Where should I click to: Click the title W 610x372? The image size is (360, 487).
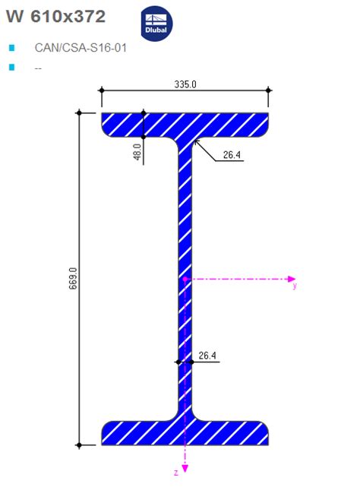[55, 17]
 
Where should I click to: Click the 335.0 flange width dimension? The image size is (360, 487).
[185, 84]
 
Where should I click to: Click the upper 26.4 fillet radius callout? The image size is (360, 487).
[232, 156]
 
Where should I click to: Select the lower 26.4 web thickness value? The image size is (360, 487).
[207, 355]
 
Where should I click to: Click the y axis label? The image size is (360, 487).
[294, 286]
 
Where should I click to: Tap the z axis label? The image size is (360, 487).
[175, 473]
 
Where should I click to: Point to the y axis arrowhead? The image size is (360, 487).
[291, 279]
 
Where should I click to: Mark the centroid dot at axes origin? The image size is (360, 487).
[185, 279]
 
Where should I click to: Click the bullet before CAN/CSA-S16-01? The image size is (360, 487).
[11, 47]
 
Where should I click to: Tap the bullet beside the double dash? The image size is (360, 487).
[11, 68]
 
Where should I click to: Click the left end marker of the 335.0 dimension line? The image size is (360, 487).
[102, 90]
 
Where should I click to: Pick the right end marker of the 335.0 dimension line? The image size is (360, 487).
[268, 90]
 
